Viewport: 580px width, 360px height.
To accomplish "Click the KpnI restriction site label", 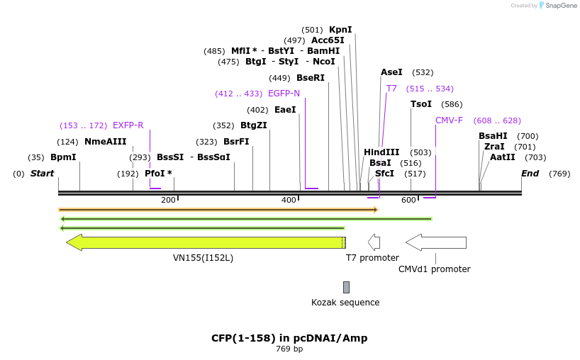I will click(x=340, y=30).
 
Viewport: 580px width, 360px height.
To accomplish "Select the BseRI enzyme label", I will click(x=310, y=78).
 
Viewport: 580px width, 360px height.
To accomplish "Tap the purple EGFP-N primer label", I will click(x=284, y=94).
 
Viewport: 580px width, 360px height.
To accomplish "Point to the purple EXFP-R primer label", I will click(x=128, y=125).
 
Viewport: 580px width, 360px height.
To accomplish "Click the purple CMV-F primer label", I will click(x=449, y=120).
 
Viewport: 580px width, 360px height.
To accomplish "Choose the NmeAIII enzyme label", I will click(x=105, y=142).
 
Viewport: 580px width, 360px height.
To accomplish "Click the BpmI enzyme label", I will click(x=63, y=157).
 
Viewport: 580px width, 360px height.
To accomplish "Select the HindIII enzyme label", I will click(x=381, y=152).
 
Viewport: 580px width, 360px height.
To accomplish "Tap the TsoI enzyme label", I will click(x=420, y=104).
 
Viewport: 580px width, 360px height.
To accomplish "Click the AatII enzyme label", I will click(x=503, y=157).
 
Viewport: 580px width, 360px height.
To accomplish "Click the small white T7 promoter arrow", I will click(x=374, y=242).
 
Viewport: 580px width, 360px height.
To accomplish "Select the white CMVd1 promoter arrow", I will click(x=435, y=242).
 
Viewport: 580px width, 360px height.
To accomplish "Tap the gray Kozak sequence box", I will click(x=346, y=287).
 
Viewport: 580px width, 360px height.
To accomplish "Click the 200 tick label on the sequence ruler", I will click(x=168, y=201).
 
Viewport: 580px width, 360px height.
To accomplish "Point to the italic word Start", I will click(x=42, y=174).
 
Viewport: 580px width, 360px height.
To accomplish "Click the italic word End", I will click(x=530, y=174).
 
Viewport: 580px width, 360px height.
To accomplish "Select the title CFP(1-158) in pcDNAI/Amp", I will click(x=289, y=338).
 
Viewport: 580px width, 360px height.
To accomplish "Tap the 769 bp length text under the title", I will click(x=289, y=349).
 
